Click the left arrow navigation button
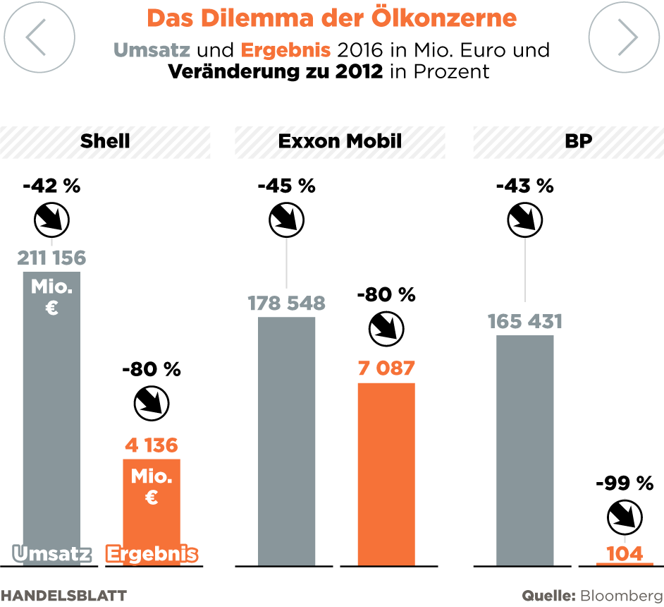click(39, 37)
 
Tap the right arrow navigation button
click(624, 37)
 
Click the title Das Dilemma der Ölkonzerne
click(332, 18)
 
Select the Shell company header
click(105, 141)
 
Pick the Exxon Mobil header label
click(340, 141)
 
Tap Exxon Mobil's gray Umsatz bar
click(286, 441)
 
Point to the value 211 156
click(51, 258)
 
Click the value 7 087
click(386, 368)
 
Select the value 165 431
click(525, 322)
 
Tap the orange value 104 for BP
click(625, 553)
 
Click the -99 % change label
click(625, 483)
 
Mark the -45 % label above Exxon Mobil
click(286, 186)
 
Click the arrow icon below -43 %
click(525, 220)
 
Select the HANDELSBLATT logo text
click(63, 595)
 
